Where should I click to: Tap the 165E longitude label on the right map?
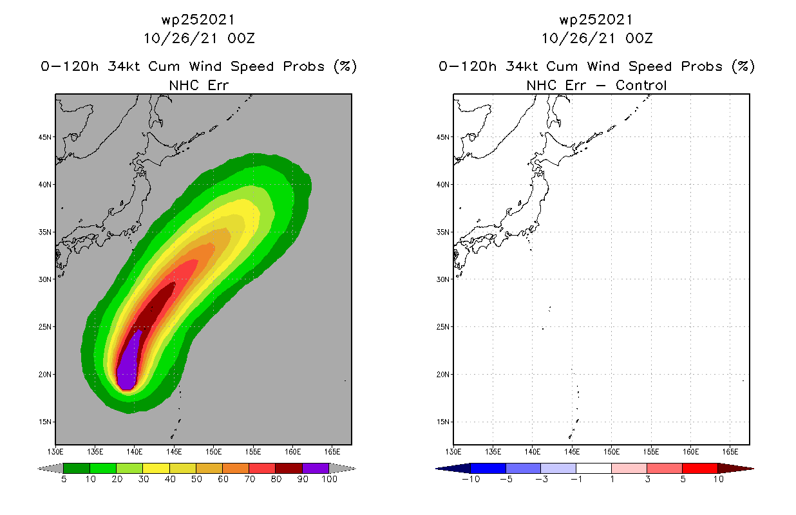click(730, 451)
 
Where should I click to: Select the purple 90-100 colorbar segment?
click(316, 468)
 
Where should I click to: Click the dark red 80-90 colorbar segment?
click(289, 468)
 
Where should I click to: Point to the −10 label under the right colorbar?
click(470, 479)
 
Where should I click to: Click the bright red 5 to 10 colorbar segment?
click(699, 468)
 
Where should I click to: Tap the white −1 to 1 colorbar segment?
click(593, 468)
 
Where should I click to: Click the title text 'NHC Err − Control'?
click(596, 85)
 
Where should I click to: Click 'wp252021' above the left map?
click(199, 20)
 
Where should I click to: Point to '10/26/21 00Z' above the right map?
click(597, 38)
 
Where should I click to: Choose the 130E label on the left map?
click(55, 451)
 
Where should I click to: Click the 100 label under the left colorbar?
click(329, 479)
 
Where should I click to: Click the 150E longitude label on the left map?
click(214, 451)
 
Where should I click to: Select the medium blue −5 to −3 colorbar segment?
click(523, 468)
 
